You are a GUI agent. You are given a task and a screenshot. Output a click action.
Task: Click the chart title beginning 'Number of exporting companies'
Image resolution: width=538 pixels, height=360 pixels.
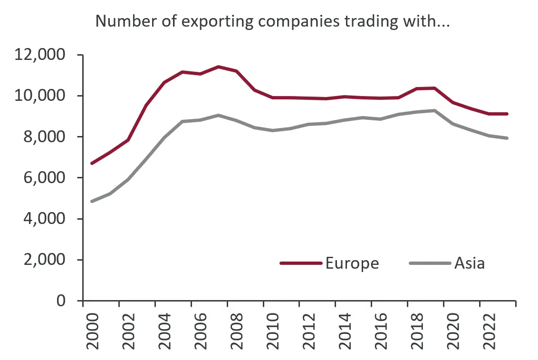pyautogui.click(x=272, y=21)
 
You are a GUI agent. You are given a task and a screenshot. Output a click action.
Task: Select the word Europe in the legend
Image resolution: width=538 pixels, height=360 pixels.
pyautogui.click(x=352, y=263)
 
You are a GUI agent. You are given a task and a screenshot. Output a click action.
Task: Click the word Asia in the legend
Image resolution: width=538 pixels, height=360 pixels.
pyautogui.click(x=470, y=263)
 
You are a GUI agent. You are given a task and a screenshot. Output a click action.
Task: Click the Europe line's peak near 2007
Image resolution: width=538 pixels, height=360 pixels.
pyautogui.click(x=218, y=67)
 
